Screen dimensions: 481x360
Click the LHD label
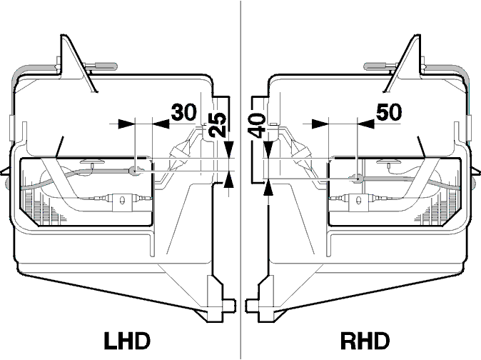(x=127, y=341)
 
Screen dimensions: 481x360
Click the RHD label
(x=365, y=341)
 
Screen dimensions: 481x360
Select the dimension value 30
(x=183, y=112)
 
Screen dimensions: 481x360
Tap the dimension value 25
(x=218, y=125)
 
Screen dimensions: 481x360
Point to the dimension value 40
(x=256, y=125)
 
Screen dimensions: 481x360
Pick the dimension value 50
(x=389, y=111)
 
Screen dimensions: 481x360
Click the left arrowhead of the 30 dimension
(x=126, y=124)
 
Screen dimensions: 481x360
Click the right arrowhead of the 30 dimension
(x=161, y=124)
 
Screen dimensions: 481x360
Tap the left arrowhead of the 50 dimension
(x=320, y=124)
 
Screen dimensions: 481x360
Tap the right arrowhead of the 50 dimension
(x=366, y=124)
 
